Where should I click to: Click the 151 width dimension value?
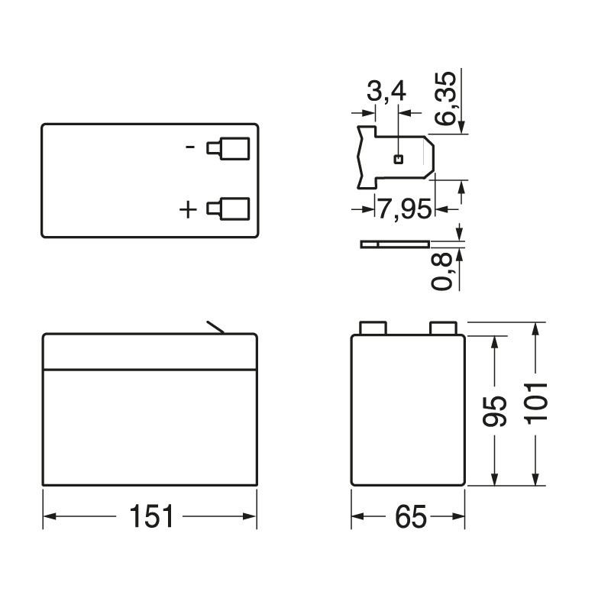150,517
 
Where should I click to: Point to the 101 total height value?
538,402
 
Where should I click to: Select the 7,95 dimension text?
404,209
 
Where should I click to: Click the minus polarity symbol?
191,147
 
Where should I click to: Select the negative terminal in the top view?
228,148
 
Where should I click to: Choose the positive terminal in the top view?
228,209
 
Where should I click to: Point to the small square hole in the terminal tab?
397,159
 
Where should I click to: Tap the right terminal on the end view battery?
444,328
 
